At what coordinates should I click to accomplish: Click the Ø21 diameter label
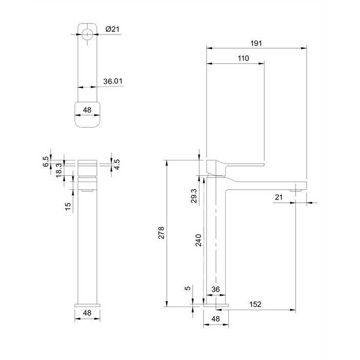point(112,29)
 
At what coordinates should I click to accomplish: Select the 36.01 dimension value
point(113,81)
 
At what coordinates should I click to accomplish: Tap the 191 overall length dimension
point(256,43)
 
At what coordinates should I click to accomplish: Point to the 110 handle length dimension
point(243,58)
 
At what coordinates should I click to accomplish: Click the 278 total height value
point(161,232)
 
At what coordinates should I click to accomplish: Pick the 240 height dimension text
point(199,240)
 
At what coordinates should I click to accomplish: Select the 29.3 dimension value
point(194,196)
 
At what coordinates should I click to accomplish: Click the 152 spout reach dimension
point(255,304)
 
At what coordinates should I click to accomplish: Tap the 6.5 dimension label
point(46,161)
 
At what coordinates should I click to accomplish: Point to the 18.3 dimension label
point(59,170)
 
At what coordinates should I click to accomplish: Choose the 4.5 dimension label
point(117,165)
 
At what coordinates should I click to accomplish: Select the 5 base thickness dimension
point(188,288)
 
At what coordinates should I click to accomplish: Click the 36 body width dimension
point(215,289)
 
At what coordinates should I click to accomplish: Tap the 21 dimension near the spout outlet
point(279,197)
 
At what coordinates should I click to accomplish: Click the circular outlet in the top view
point(87,34)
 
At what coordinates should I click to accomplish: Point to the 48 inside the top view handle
point(87,110)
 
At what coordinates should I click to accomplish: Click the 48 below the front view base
point(87,313)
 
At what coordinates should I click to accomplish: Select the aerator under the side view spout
point(296,190)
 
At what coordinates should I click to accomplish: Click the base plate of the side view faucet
point(216,305)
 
